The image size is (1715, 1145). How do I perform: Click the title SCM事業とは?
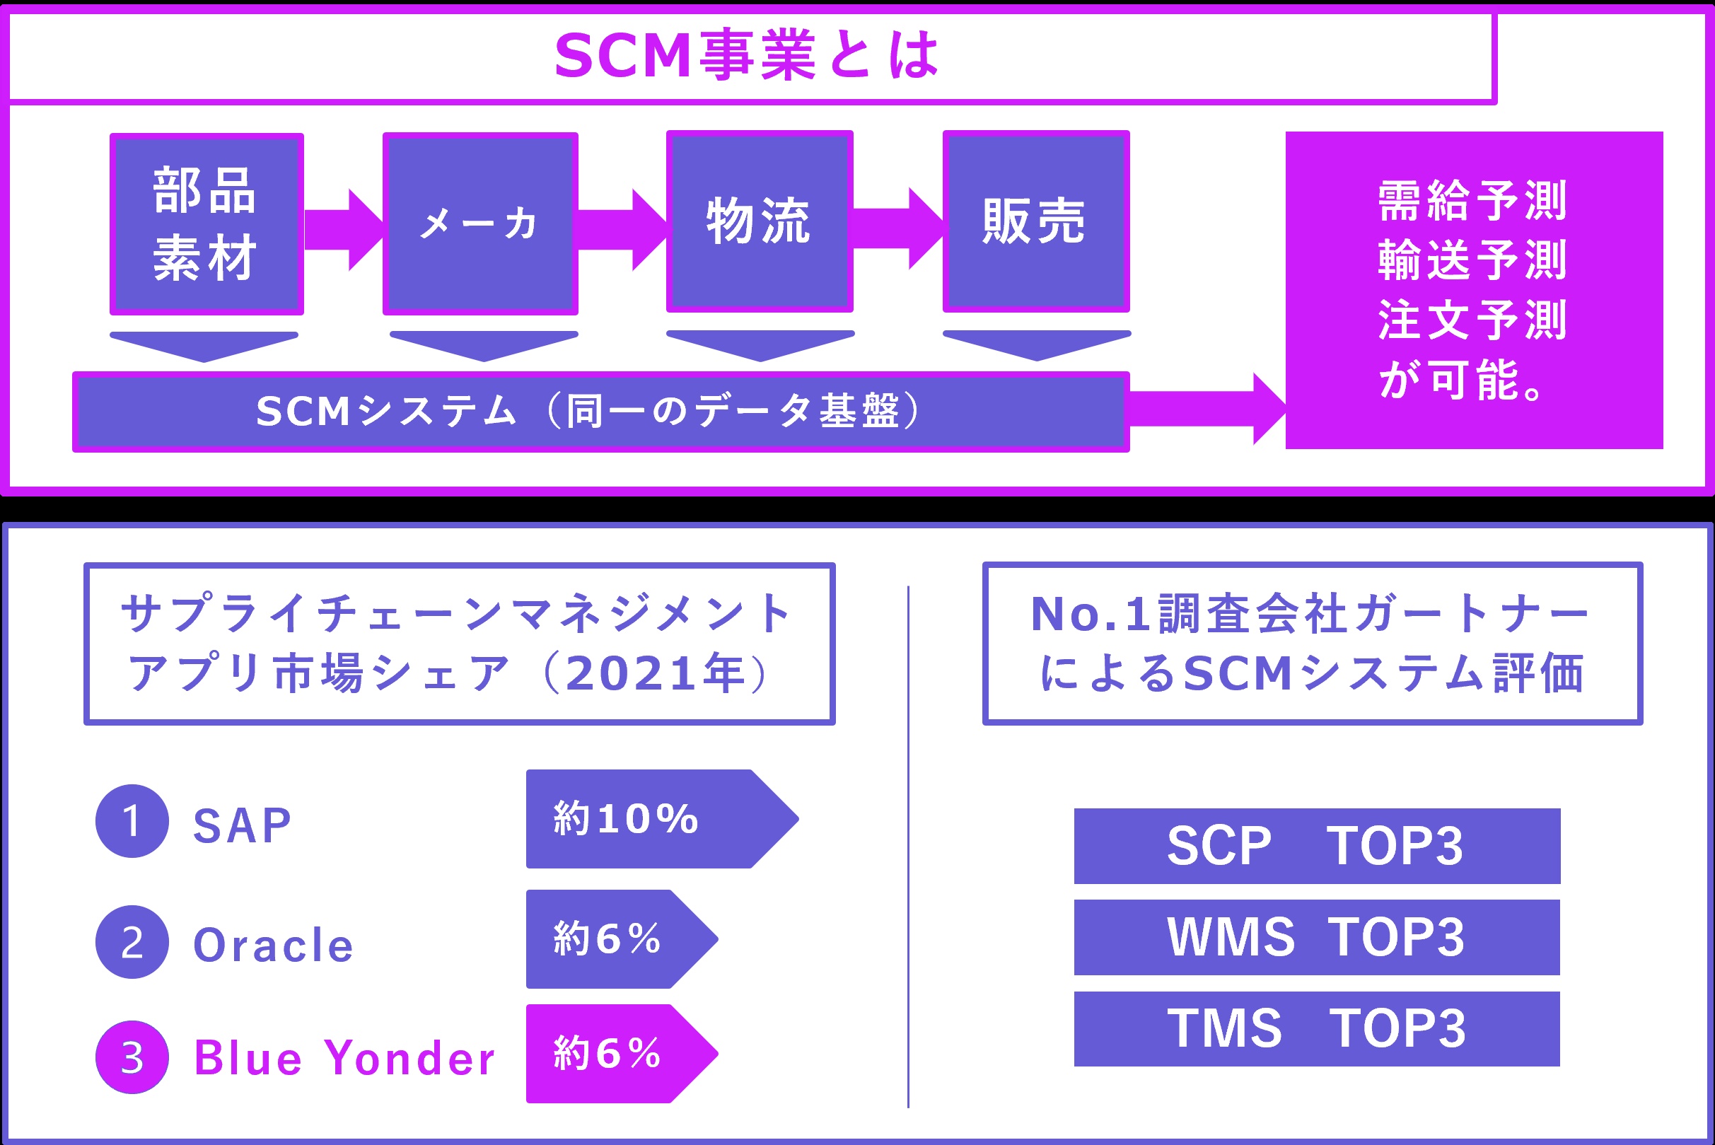tap(746, 55)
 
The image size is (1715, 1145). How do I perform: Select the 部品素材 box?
tap(207, 224)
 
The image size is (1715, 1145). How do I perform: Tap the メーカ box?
tap(480, 223)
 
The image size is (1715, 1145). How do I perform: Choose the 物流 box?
tap(760, 221)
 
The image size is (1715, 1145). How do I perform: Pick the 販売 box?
tap(1035, 221)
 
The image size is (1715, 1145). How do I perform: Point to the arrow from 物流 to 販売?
tap(897, 228)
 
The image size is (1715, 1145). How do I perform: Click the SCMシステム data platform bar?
tap(600, 412)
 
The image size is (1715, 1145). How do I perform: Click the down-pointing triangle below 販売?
tap(1036, 344)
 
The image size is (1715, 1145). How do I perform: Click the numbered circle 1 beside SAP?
tap(132, 821)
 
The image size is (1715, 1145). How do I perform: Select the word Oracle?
tap(273, 945)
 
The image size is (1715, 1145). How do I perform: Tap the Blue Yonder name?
tap(344, 1058)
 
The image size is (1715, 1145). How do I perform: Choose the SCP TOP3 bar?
tap(1316, 847)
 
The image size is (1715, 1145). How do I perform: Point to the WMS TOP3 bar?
tap(1316, 938)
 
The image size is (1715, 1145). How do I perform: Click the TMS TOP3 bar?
tap(1316, 1029)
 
